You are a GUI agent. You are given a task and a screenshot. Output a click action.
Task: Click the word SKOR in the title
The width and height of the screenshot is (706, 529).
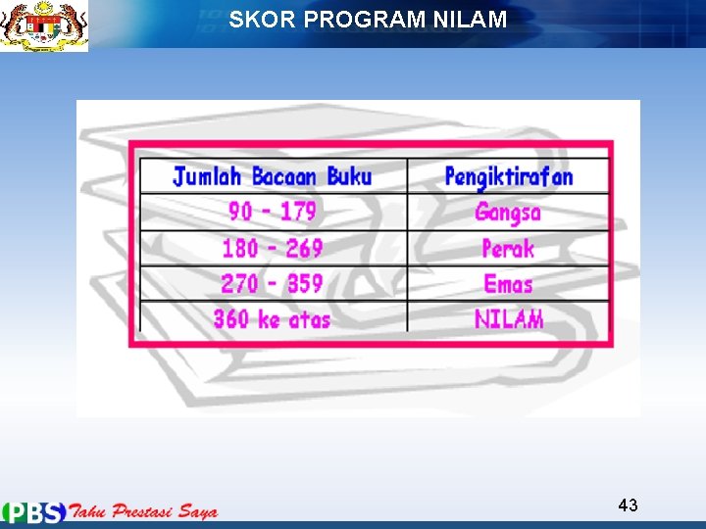pos(255,20)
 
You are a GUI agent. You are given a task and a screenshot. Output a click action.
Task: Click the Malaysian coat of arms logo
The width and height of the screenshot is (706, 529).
pos(44,25)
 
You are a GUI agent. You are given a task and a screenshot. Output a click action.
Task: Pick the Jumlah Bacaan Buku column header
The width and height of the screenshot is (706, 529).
pos(273,176)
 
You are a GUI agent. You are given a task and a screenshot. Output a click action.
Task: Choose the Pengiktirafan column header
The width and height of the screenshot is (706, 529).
pos(508,176)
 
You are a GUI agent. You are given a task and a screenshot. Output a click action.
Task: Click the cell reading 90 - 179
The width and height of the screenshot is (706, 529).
pos(273,212)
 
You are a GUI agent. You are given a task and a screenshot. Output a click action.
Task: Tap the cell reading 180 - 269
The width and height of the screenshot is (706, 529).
pos(273,248)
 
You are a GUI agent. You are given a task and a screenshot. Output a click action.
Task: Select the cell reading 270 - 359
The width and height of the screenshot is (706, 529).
pos(273,284)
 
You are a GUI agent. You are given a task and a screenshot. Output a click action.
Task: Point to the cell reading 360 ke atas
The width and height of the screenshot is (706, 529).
pos(273,319)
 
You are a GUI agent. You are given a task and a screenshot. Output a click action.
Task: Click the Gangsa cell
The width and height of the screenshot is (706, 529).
pos(508,212)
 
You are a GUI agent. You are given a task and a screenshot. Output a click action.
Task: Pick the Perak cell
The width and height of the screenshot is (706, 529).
pos(508,248)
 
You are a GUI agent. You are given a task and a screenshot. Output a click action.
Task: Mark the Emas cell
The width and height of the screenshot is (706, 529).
pos(508,284)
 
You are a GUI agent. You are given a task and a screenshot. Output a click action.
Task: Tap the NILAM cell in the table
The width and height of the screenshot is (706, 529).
pos(508,319)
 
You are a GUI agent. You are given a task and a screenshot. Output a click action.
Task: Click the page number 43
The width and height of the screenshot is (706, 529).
pos(629,505)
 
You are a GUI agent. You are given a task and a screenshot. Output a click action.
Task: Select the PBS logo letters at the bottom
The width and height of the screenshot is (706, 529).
pos(34,512)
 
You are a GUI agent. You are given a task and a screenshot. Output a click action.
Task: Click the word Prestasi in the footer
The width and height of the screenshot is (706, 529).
pos(147,511)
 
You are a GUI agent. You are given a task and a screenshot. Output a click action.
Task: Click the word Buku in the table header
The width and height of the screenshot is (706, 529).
pos(349,176)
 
